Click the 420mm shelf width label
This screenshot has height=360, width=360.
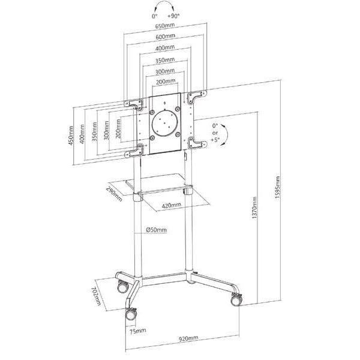[172, 205]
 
